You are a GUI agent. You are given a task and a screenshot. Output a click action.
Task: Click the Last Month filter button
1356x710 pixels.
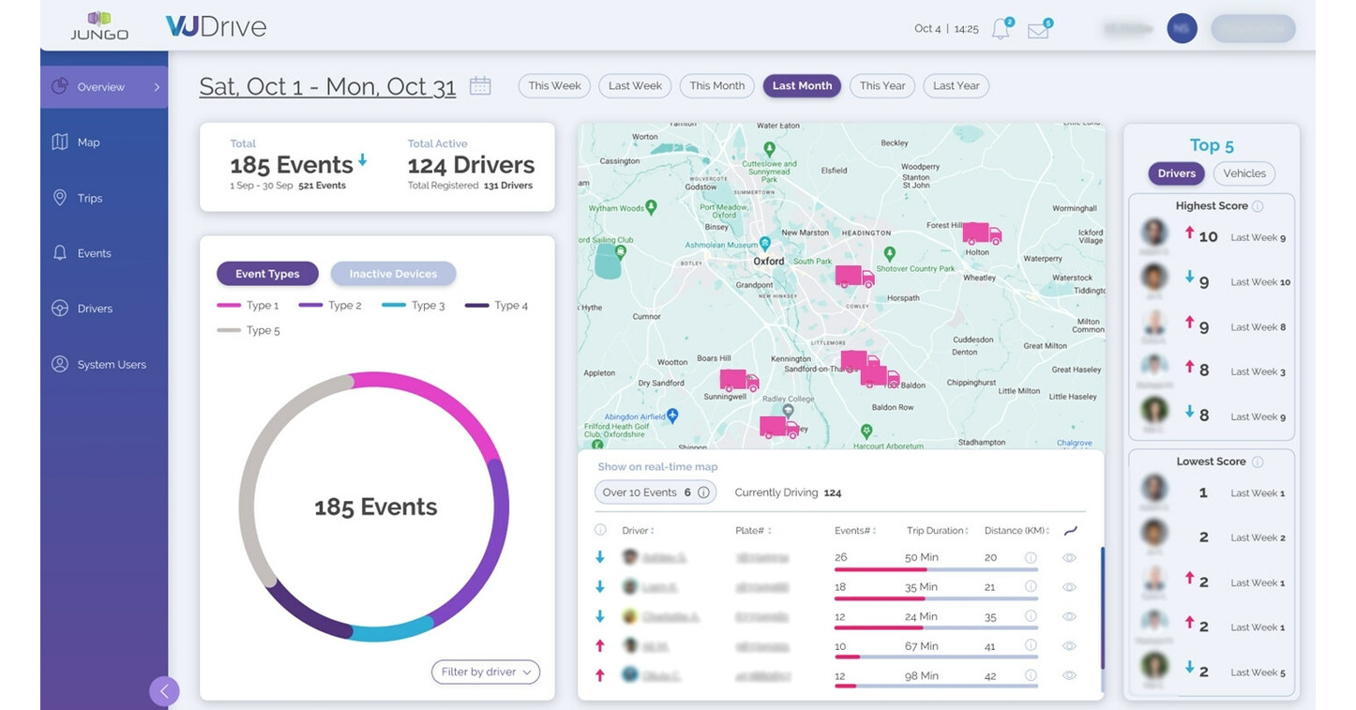(802, 85)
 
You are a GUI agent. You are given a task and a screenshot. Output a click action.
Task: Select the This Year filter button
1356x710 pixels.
(882, 85)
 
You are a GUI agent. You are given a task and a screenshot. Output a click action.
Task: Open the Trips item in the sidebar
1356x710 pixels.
(89, 198)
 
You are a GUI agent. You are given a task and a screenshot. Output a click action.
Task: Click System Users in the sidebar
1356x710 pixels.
(111, 364)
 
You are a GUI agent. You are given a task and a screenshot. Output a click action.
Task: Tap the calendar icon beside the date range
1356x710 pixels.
(480, 85)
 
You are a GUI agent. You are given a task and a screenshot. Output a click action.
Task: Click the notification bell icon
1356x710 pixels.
(1001, 29)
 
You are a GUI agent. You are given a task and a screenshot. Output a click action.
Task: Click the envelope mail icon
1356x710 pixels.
(1037, 30)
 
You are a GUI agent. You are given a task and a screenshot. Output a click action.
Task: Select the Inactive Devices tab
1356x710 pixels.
(393, 274)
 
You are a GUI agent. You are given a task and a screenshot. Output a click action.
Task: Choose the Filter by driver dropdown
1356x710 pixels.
(485, 672)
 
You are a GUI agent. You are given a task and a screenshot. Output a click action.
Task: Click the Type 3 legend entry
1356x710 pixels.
(428, 305)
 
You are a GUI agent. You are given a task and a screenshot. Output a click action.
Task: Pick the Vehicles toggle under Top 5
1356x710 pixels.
(1243, 174)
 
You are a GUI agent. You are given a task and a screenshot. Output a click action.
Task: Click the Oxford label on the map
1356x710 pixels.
(769, 261)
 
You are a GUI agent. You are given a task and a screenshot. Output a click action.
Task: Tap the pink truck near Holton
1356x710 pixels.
(981, 234)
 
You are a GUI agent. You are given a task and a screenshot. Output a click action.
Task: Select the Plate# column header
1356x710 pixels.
(751, 531)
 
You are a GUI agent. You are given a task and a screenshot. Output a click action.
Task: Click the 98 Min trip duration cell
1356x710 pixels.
(921, 675)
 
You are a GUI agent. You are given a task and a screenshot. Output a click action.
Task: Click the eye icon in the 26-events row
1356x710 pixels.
(1069, 558)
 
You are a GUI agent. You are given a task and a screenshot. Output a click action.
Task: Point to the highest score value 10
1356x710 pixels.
(1208, 237)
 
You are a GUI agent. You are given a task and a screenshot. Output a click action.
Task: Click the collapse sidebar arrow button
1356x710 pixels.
(164, 691)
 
